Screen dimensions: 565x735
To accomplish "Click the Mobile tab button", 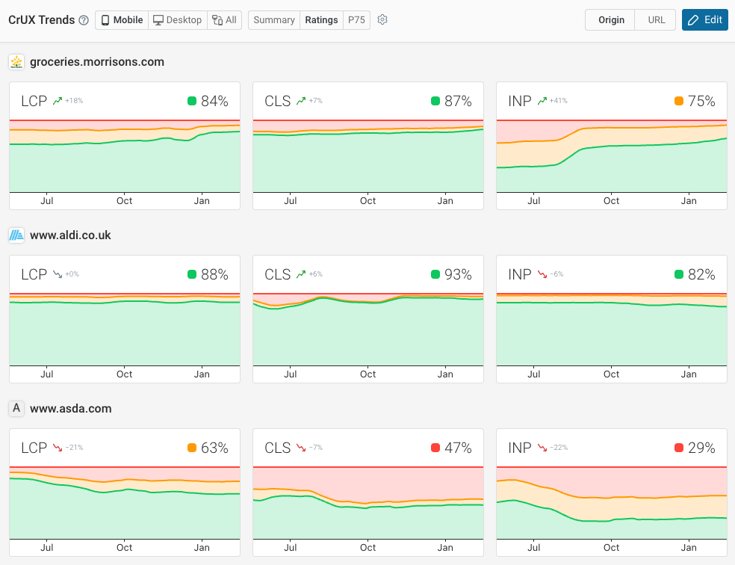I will tap(122, 20).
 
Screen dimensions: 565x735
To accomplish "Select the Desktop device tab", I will tap(177, 20).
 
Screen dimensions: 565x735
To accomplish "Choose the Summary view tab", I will tap(273, 20).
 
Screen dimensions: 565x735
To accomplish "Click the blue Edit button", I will tap(704, 20).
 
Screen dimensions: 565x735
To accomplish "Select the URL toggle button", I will tap(656, 20).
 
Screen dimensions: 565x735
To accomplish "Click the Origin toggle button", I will tap(611, 20).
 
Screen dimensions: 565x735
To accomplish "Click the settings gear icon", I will tap(382, 20).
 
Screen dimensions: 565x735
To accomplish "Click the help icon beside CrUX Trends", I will tap(84, 20).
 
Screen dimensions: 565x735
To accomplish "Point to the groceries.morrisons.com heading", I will tap(96, 62).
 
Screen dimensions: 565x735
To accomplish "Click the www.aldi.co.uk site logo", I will tap(16, 235).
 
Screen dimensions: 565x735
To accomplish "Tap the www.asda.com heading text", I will tap(70, 409).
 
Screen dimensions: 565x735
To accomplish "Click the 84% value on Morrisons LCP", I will tap(214, 102).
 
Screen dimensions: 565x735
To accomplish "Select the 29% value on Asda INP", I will tap(701, 448).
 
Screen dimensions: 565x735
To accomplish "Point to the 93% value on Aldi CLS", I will tap(458, 275).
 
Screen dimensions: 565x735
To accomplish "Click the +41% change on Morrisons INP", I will tap(557, 101).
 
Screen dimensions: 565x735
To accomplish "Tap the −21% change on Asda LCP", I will tap(74, 448).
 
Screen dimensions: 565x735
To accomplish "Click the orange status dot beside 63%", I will tap(192, 448).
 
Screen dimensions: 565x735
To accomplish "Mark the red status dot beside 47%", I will tap(435, 448).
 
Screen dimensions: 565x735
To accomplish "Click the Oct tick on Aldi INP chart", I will tap(611, 374).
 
